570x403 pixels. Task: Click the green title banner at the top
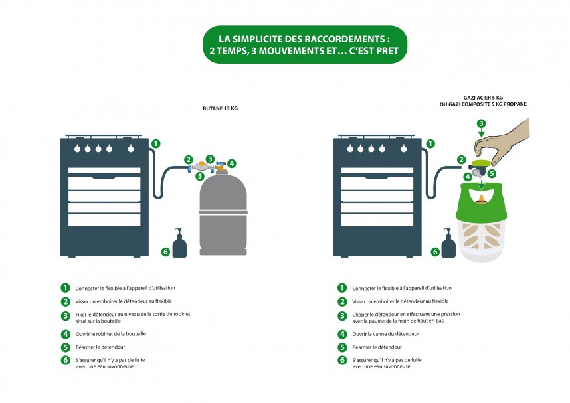pos(304,44)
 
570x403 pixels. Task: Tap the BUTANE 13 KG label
pos(220,108)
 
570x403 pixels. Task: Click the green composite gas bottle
pos(480,222)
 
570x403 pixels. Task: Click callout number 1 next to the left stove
pos(155,143)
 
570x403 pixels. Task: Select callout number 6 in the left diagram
pos(165,252)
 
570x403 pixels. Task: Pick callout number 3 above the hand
pos(482,123)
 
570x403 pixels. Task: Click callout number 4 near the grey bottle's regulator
pos(231,163)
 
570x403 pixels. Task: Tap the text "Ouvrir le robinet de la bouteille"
pos(109,334)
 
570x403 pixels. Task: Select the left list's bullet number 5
pos(65,347)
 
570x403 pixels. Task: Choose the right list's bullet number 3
pos(342,317)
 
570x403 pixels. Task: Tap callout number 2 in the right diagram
pos(461,159)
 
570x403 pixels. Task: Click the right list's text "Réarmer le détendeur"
pos(379,347)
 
